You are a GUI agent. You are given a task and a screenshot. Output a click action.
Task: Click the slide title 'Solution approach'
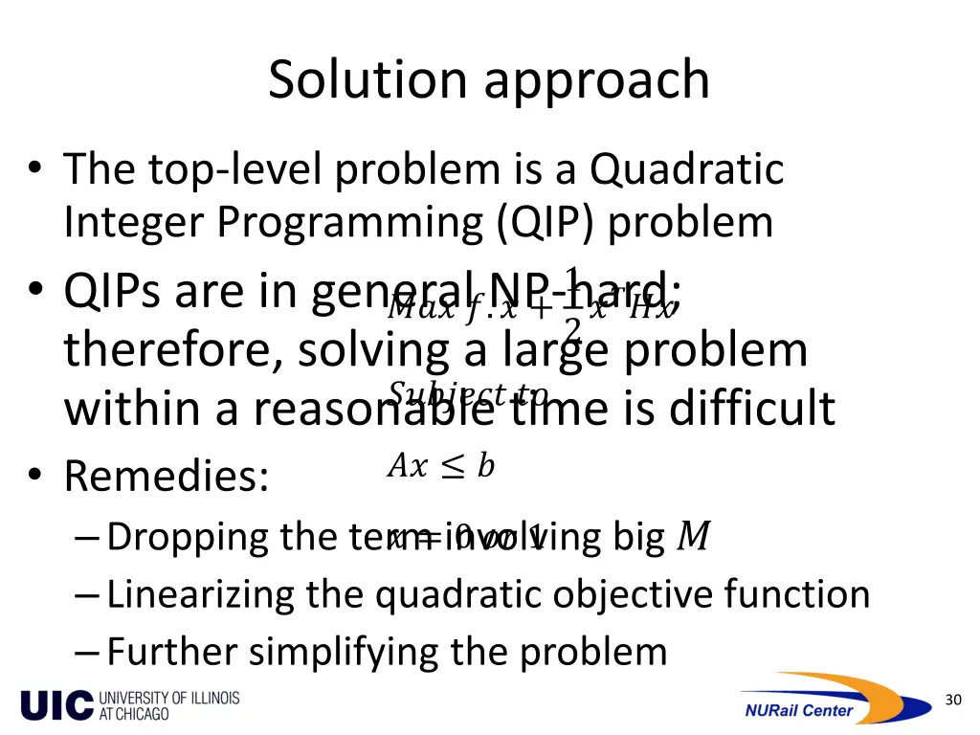coord(489,80)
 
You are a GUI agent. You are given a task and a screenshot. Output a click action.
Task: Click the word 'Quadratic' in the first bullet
coord(686,170)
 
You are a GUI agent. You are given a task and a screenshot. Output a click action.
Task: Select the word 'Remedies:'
coord(167,477)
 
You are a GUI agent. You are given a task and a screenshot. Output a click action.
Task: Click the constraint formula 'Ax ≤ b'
coord(440,466)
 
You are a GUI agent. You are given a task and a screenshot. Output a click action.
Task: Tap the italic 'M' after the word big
coord(692,538)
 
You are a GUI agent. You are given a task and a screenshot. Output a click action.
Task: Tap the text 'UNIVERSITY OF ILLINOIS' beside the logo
coord(169,698)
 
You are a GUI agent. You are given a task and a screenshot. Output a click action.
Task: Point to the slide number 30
coord(952,701)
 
